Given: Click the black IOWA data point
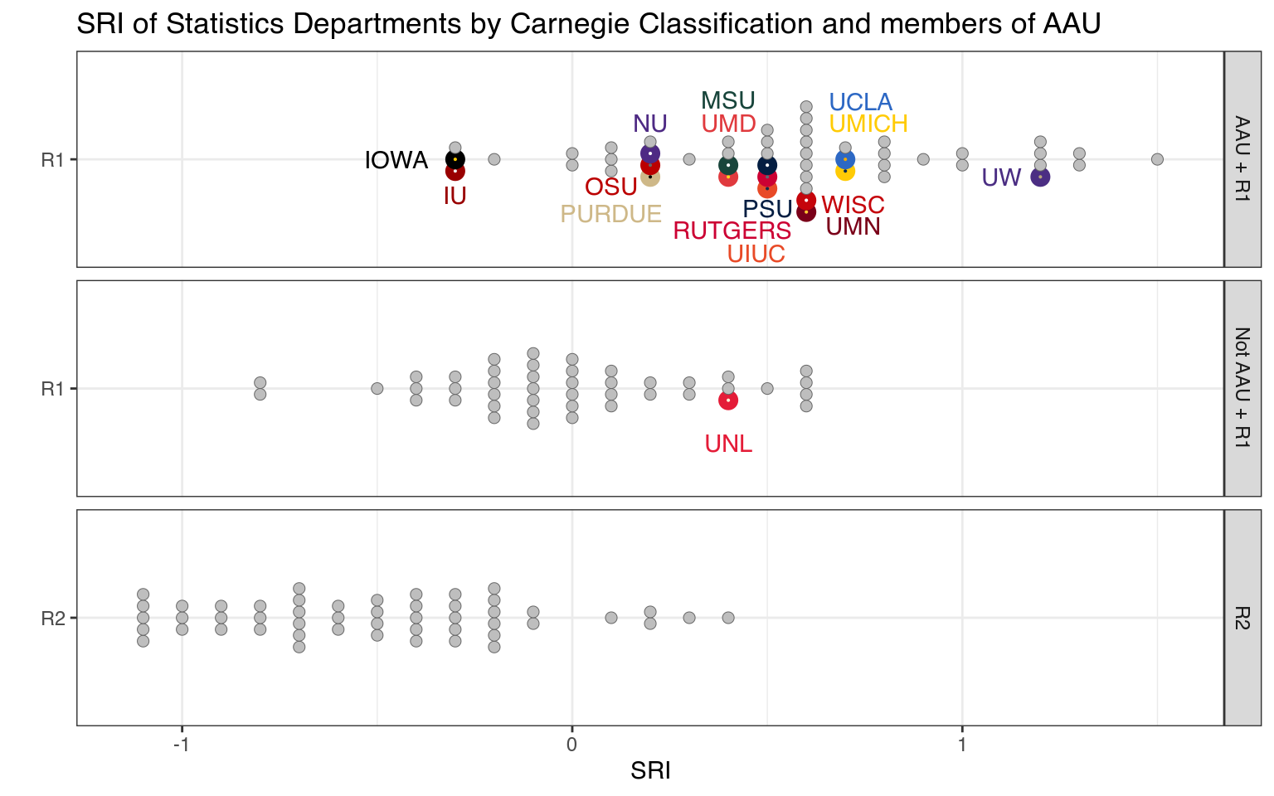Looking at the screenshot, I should [x=455, y=159].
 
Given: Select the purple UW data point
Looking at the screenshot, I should [x=1040, y=177].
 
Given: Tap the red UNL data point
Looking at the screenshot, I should [x=728, y=400].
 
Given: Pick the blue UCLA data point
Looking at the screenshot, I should [x=845, y=159].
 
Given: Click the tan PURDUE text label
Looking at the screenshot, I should [x=610, y=214].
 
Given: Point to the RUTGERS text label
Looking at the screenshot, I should [x=732, y=231].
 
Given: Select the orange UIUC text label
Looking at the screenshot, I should [x=756, y=254].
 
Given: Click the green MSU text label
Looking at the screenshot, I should [x=728, y=101].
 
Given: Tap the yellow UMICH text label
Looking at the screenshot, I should [x=868, y=124].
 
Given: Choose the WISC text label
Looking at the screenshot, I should [x=853, y=205].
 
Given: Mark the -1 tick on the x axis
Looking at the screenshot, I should [x=182, y=745].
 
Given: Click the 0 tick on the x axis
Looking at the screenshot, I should [x=571, y=745].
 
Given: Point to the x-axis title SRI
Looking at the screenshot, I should [x=650, y=771].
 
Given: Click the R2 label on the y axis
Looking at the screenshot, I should [x=53, y=619].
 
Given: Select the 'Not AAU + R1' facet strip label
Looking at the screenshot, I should [x=1242, y=388].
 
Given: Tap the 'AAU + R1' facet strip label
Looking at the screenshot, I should [x=1242, y=159].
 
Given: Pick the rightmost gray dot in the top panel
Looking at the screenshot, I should [x=1157, y=159].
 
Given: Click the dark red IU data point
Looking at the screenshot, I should [x=455, y=172].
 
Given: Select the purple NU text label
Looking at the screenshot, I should [x=650, y=124].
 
